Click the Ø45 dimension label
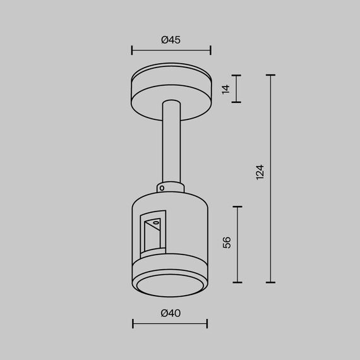coord(171,40)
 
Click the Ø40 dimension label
coord(171,313)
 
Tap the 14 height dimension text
coord(226,88)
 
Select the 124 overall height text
coord(260,172)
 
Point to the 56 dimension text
coord(227,243)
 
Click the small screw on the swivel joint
coord(162,188)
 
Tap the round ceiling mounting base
coord(171,92)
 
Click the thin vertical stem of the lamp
coord(171,145)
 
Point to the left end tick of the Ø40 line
coord(133,324)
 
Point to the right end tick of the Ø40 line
coord(207,324)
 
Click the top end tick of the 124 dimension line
coord(271,75)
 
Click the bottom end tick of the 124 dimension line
coord(271,282)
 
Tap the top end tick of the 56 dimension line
coord(237,207)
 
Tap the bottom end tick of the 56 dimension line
coord(237,282)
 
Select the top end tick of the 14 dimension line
coord(237,75)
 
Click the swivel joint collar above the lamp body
coord(171,188)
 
